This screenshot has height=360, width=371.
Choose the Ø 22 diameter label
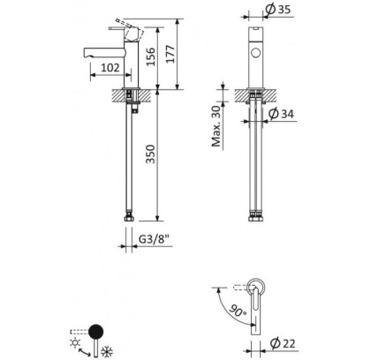click(282, 342)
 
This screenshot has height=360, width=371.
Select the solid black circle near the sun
click(98, 332)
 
